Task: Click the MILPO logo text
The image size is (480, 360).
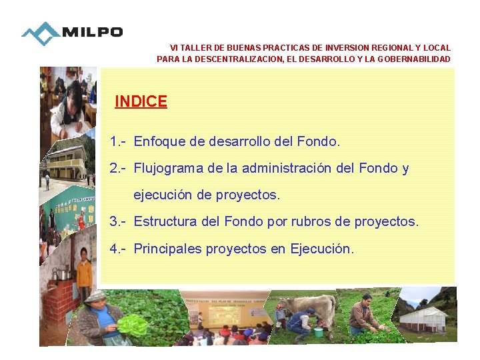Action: click(92, 32)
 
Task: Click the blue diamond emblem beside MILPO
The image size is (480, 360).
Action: click(41, 33)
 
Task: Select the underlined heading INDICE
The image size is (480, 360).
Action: click(141, 101)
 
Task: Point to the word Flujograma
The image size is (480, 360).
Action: click(168, 169)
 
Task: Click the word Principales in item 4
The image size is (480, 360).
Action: click(167, 249)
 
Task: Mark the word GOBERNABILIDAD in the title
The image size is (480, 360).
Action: click(414, 59)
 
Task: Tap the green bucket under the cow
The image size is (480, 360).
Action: click(319, 331)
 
